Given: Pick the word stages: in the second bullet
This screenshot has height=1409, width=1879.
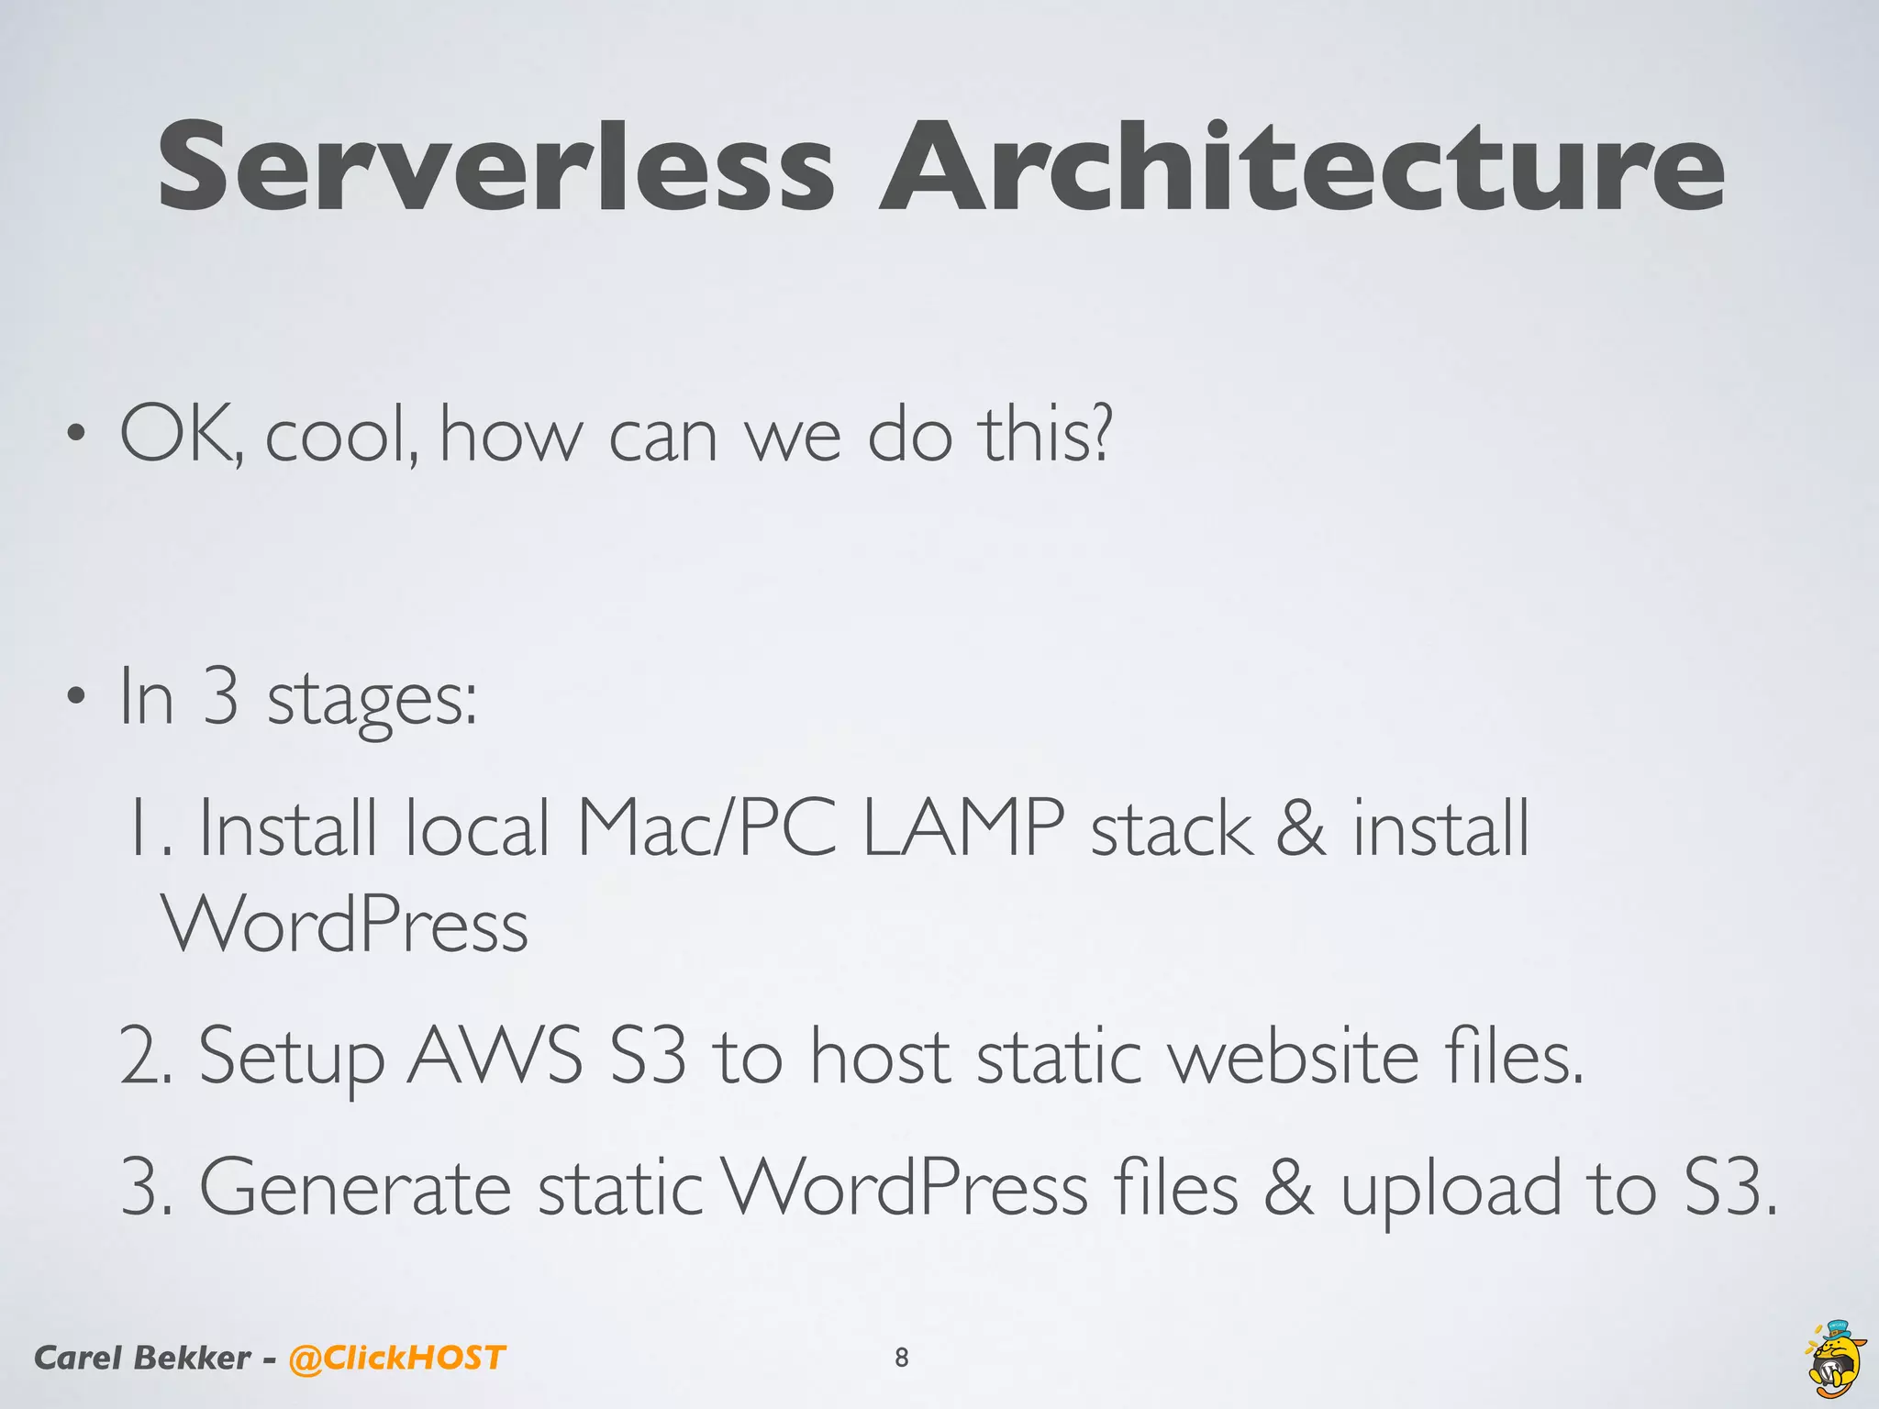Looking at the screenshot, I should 372,701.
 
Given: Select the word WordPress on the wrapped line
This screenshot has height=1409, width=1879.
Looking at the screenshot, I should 345,925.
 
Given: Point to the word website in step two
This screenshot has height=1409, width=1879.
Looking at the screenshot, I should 1294,1057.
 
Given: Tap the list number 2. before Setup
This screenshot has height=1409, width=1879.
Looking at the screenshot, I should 147,1057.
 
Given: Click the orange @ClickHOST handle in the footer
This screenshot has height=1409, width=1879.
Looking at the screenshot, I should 396,1358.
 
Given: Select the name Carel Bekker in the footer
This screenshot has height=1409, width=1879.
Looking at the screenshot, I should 141,1358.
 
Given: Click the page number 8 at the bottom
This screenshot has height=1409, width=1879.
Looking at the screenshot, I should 902,1358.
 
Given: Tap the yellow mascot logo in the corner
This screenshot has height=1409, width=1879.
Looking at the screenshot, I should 1836,1359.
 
